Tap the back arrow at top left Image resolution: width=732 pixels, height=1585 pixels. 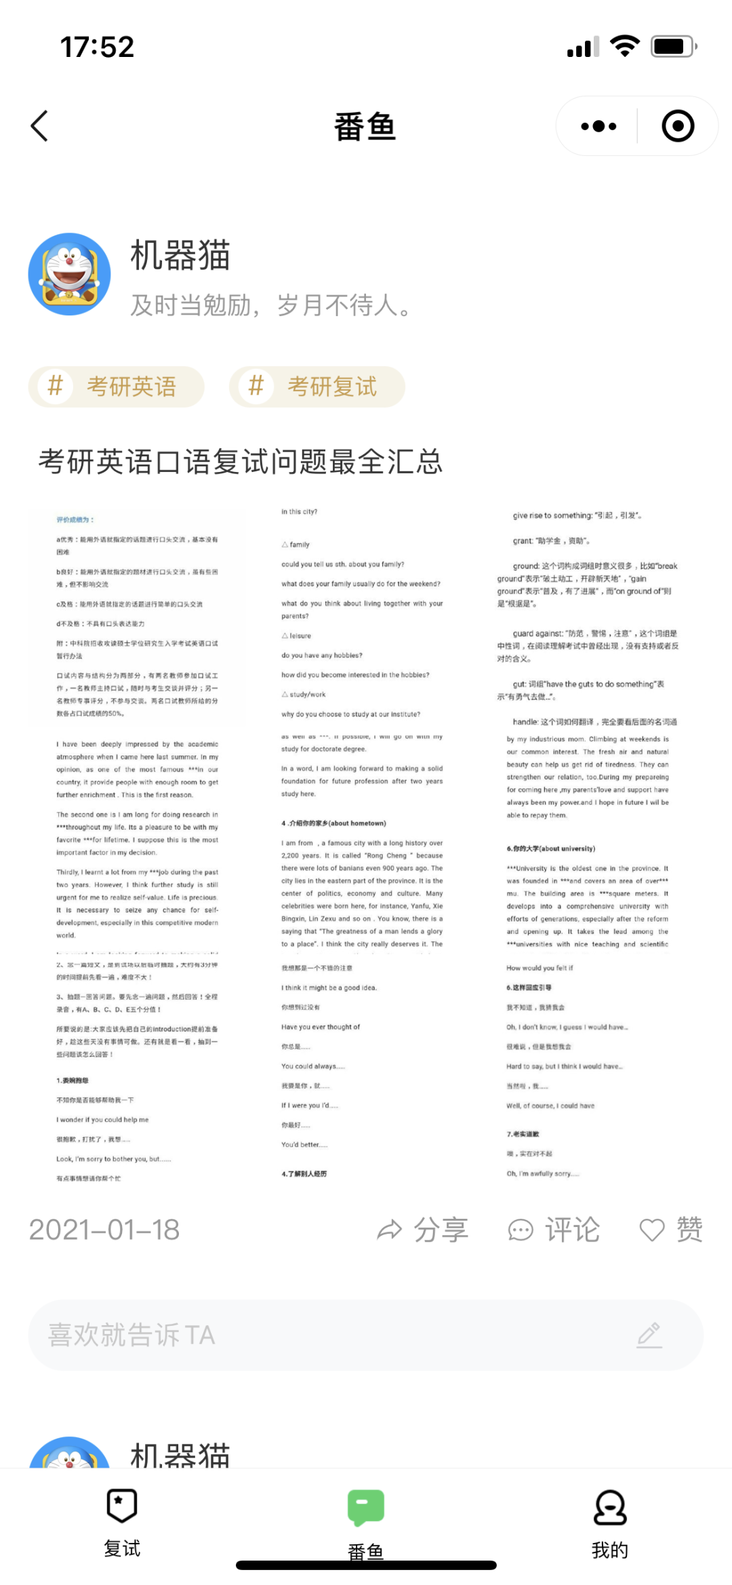point(40,126)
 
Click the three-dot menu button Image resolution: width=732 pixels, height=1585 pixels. point(598,126)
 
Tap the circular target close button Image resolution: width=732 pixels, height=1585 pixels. point(678,126)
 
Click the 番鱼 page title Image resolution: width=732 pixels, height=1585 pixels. point(365,127)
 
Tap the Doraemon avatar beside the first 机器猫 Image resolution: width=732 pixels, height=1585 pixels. point(69,274)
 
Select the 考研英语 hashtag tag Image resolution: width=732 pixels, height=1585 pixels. point(116,387)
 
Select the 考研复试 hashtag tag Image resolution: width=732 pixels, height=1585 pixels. point(317,387)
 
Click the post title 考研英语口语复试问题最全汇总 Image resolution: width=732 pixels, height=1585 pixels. point(241,462)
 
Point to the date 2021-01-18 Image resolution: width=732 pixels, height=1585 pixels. point(104,1230)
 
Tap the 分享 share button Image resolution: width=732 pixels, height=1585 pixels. point(423,1230)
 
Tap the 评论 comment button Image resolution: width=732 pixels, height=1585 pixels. point(554,1230)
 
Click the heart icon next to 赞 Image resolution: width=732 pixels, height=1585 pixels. point(652,1230)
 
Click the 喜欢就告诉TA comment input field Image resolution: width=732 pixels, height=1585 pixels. point(325,1335)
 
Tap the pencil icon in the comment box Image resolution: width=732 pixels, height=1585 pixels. point(649,1335)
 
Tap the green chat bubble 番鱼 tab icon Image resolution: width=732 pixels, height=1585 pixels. point(366,1507)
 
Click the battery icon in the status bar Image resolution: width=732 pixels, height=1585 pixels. point(674,47)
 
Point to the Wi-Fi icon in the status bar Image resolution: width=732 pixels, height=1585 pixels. point(624,46)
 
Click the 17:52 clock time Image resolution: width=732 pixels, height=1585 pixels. point(97,47)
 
